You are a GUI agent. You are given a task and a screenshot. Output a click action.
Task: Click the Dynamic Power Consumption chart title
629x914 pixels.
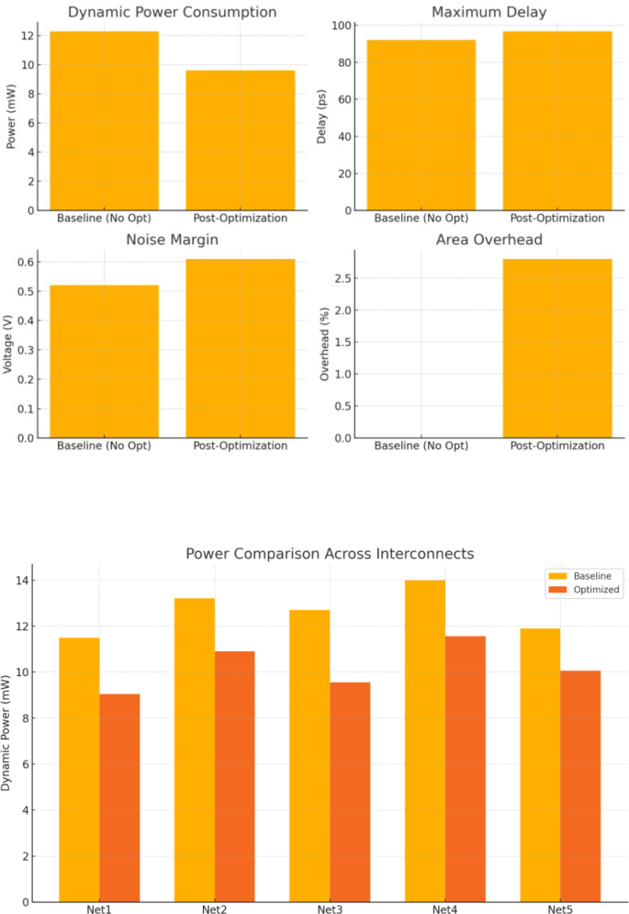[172, 13]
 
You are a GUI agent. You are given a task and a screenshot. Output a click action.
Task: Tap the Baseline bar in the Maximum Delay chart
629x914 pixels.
[421, 125]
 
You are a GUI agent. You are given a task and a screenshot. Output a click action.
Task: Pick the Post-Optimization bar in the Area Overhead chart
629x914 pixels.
[557, 348]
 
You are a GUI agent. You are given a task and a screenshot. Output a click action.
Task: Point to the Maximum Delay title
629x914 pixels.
[489, 13]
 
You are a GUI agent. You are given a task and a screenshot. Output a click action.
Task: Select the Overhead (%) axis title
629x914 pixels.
[323, 348]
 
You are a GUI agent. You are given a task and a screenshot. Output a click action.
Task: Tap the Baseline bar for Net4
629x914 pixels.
[425, 740]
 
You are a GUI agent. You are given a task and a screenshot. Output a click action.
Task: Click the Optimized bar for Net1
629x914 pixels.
[119, 797]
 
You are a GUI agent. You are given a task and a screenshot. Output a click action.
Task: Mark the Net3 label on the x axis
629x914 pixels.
[329, 909]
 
